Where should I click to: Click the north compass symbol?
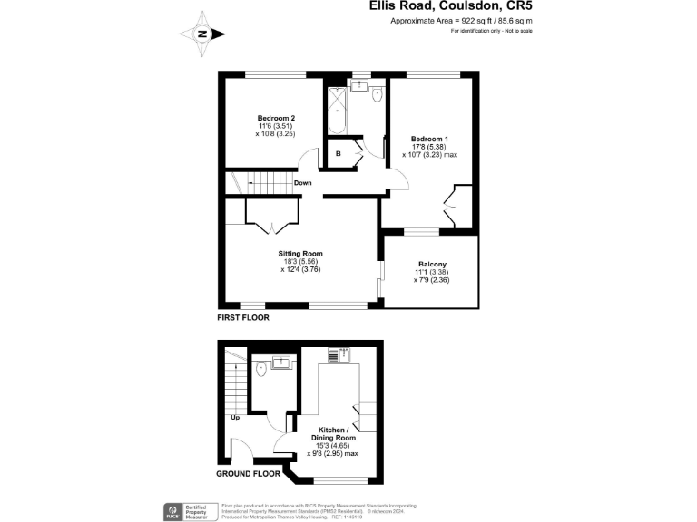[202, 34]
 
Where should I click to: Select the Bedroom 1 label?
[428, 146]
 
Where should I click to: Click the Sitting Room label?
[300, 261]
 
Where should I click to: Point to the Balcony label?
[432, 272]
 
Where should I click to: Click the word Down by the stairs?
[303, 183]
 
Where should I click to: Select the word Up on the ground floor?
[235, 418]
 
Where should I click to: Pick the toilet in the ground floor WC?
[261, 368]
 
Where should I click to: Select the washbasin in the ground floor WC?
[280, 363]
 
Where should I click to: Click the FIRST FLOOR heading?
[242, 318]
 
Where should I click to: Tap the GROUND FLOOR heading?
[249, 474]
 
